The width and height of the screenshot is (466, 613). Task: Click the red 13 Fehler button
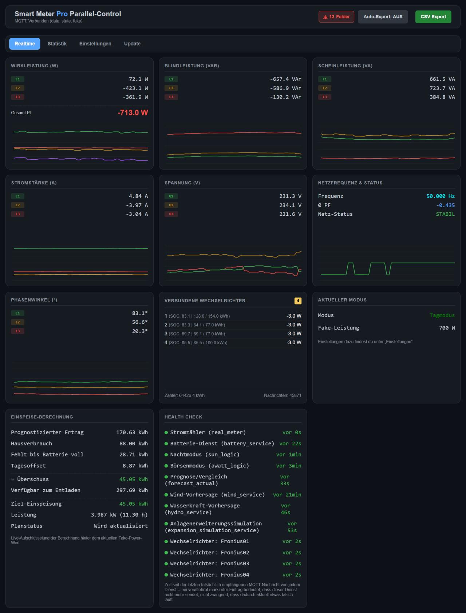tap(336, 17)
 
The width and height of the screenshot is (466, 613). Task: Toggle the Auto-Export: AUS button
tap(383, 17)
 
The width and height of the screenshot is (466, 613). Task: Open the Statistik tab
tap(57, 44)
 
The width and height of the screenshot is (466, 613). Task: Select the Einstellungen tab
tap(95, 44)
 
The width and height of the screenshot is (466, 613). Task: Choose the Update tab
tap(132, 44)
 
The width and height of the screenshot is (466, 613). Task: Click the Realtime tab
tap(25, 44)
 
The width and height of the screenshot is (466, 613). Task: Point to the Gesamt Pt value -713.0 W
tap(133, 113)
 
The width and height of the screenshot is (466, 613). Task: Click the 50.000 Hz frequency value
tap(441, 196)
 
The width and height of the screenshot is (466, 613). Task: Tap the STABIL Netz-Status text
tap(445, 214)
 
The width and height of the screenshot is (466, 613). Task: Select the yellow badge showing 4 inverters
tap(298, 301)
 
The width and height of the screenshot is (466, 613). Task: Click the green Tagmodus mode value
tap(442, 315)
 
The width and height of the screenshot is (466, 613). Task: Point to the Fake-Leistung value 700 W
tap(447, 328)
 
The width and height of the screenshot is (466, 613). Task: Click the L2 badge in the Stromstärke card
tap(17, 205)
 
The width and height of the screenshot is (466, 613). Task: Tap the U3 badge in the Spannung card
tap(171, 214)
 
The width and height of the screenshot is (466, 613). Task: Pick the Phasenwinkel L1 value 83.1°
tap(140, 313)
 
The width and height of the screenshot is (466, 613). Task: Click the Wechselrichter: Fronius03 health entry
tap(210, 564)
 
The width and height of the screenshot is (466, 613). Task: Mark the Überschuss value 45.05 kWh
tap(134, 479)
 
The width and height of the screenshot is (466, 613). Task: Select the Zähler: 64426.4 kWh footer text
tap(185, 395)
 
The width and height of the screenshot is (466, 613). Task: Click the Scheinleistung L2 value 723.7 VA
tap(442, 88)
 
